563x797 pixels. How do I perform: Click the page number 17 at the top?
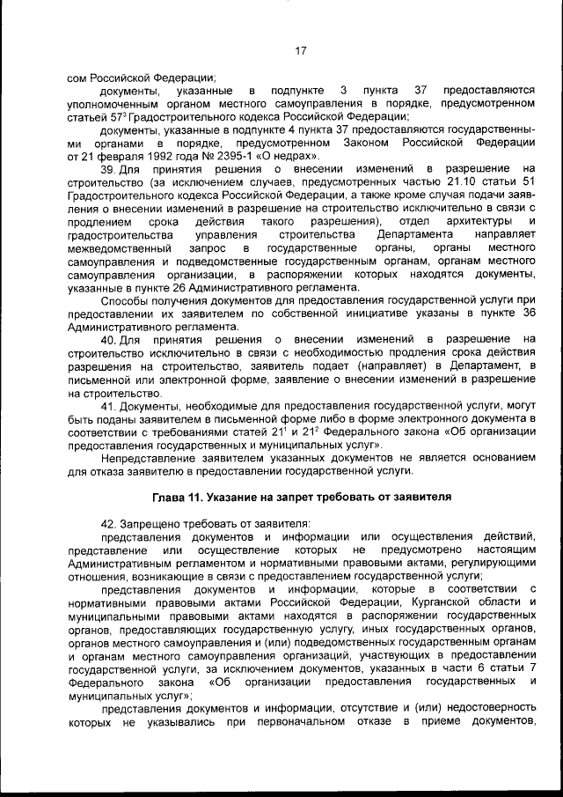(300, 51)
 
